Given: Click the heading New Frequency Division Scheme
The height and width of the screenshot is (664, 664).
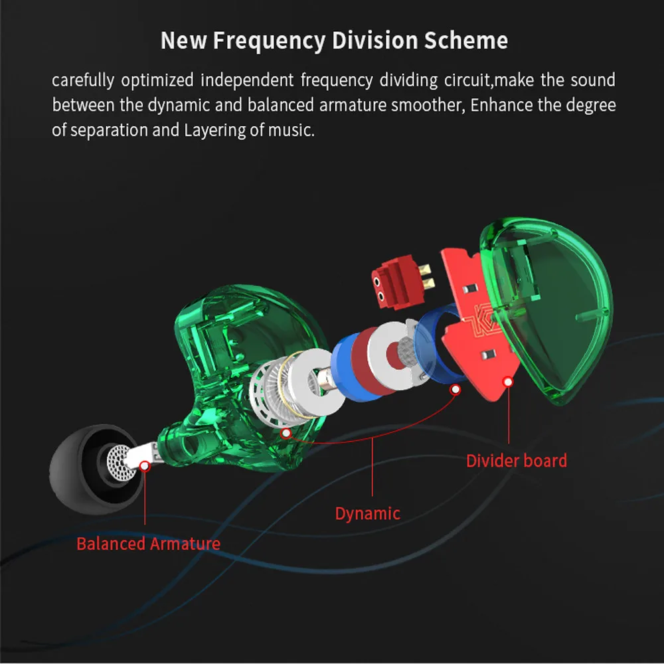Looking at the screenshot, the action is click(x=334, y=41).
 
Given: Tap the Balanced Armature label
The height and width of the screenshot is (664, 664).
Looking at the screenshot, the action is click(x=148, y=544).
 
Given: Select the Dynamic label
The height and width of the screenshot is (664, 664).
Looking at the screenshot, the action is click(x=368, y=514).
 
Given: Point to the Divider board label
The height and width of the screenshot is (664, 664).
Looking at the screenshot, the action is click(x=516, y=461).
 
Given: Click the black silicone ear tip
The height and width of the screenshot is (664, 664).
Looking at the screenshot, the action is click(x=85, y=470).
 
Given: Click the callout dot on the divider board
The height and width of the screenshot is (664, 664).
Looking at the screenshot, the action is click(x=508, y=382).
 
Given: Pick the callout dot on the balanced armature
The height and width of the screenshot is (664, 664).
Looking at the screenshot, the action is click(x=145, y=466).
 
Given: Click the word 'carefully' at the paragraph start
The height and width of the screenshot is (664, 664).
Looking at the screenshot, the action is click(x=83, y=81).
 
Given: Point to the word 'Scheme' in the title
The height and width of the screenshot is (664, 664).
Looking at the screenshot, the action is click(x=466, y=41).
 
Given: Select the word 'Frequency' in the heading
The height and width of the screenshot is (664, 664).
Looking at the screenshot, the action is click(x=269, y=41).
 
